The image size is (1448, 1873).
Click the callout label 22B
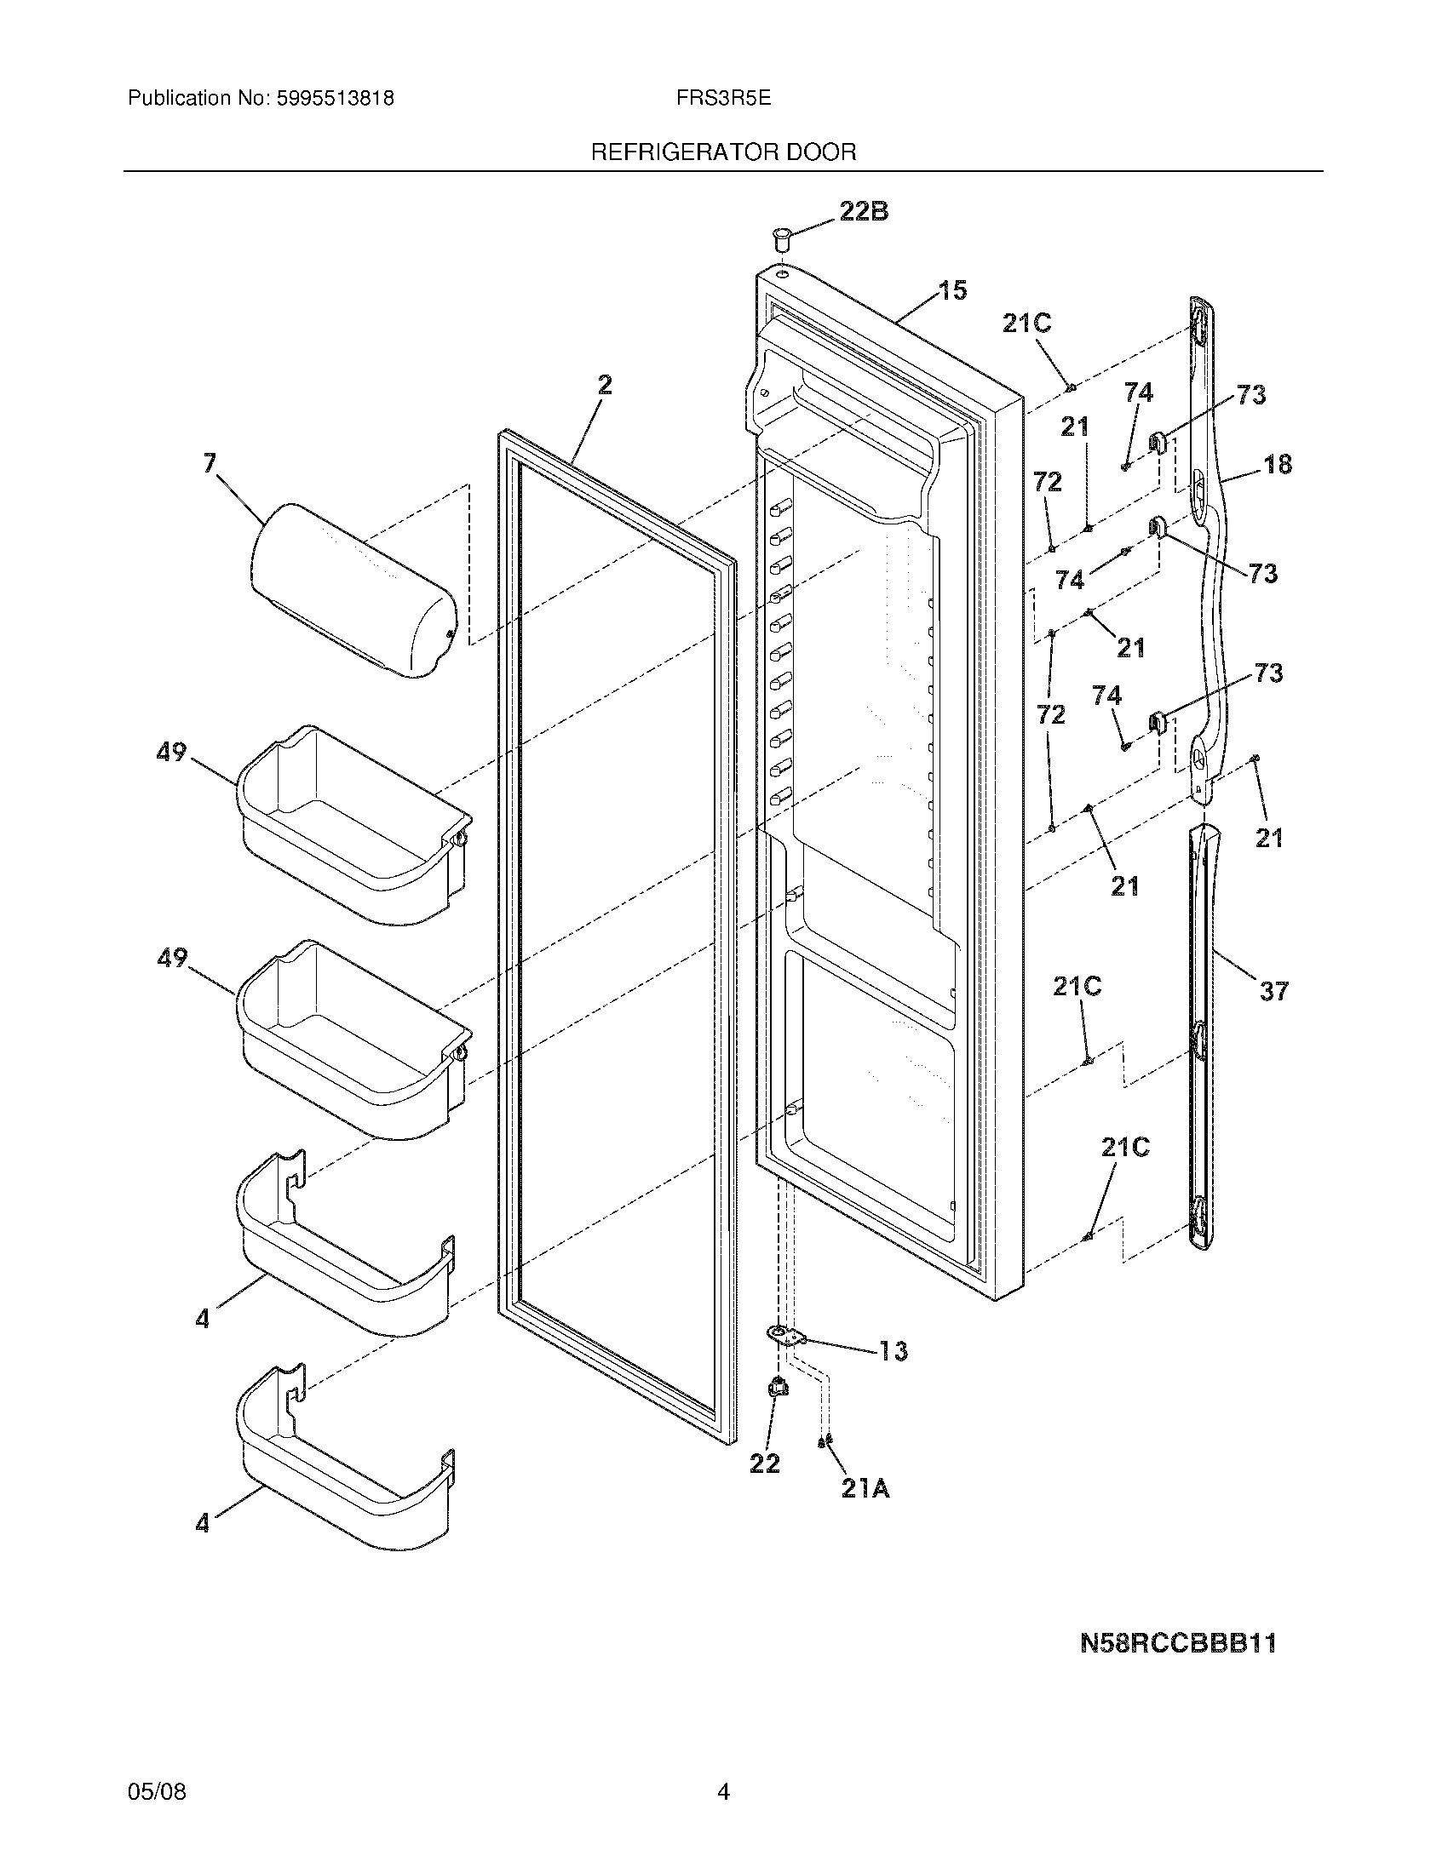pyautogui.click(x=863, y=211)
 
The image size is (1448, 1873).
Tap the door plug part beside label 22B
pyautogui.click(x=781, y=238)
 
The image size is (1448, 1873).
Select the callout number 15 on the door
pyautogui.click(x=951, y=290)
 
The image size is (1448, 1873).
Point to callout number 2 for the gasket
pyautogui.click(x=605, y=385)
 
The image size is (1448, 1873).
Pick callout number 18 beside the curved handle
pyautogui.click(x=1278, y=464)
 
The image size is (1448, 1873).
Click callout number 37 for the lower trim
pyautogui.click(x=1273, y=991)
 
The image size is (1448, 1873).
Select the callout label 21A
pyautogui.click(x=865, y=1490)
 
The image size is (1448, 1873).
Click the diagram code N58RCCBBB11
pyautogui.click(x=1178, y=1643)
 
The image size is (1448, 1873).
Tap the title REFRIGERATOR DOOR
pyautogui.click(x=723, y=152)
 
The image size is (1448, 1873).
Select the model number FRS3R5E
pyautogui.click(x=723, y=99)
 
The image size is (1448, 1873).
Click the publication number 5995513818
pyautogui.click(x=336, y=99)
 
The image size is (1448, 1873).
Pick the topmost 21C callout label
pyautogui.click(x=1027, y=324)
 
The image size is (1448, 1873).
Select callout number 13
pyautogui.click(x=893, y=1351)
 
